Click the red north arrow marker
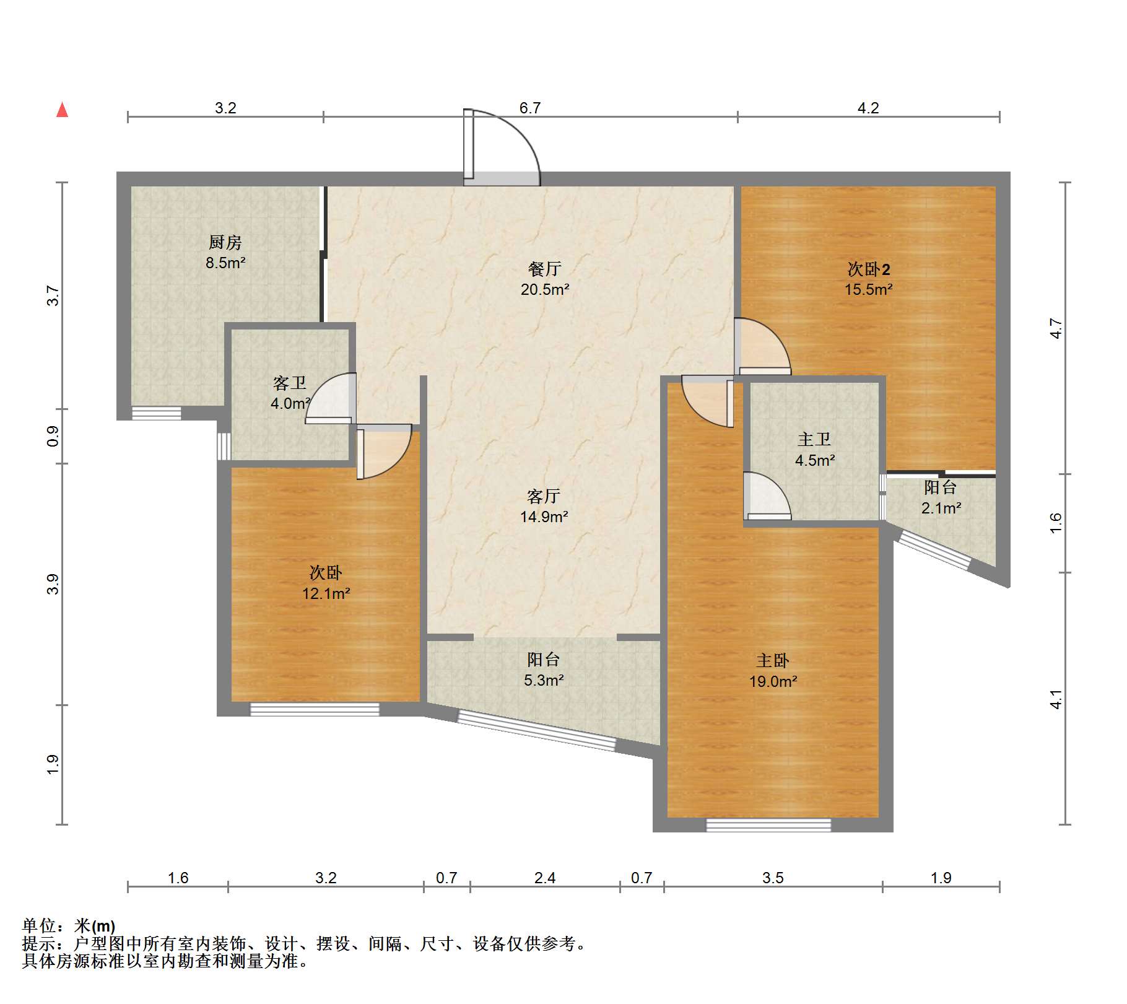62,110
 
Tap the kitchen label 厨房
225,242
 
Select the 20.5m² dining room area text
544,289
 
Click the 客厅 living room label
543,496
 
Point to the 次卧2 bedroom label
868,269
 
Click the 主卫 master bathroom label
814,440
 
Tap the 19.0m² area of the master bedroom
773,681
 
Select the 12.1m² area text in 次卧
326,593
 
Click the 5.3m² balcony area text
543,680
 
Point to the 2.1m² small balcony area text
941,509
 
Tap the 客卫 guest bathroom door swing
331,398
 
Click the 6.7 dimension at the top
529,108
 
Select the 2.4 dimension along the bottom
544,878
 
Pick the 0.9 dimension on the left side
53,436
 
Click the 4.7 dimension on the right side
1056,328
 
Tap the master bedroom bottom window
768,824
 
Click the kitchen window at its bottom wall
157,413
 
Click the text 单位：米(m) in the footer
68,926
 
